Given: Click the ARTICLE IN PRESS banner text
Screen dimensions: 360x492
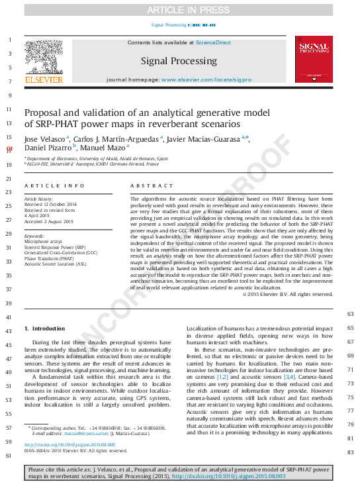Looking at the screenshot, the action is coord(179,9).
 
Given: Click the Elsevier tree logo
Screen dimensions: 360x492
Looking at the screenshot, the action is coord(44,58).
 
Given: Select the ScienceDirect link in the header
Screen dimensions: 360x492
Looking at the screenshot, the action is coord(212,42).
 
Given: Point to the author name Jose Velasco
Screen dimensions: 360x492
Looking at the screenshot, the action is coord(45,138).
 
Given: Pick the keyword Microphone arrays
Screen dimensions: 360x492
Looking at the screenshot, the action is coord(44,242).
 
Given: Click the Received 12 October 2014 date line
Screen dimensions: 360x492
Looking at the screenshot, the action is coord(51,205).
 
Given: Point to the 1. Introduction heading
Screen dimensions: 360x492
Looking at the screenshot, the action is coord(44,328).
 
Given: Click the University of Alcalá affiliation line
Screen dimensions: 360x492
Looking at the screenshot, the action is coord(97,159).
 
